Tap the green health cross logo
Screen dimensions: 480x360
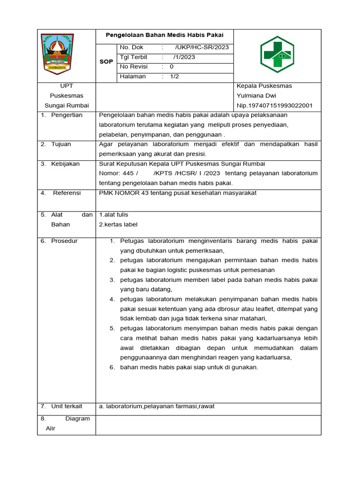pos(277,54)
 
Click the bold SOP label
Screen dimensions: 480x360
pos(106,62)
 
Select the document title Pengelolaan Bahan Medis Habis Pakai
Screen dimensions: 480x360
pos(164,35)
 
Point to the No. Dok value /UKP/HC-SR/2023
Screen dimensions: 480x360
pos(202,47)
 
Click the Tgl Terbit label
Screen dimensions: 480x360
pos(134,57)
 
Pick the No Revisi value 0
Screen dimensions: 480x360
pos(172,67)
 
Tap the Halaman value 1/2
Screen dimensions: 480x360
pos(175,76)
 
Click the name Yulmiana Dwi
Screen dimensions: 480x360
pos(256,96)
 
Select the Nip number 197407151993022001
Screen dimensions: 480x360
pos(275,105)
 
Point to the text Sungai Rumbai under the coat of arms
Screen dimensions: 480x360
pos(67,105)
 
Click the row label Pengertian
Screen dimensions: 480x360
pos(67,115)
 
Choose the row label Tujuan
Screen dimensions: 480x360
pos(61,144)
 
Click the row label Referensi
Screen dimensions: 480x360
pos(67,193)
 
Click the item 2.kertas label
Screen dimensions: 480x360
pos(118,225)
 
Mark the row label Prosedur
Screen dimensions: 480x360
pos(64,241)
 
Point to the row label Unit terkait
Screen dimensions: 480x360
pos(67,406)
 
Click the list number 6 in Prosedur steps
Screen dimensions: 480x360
pos(112,367)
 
